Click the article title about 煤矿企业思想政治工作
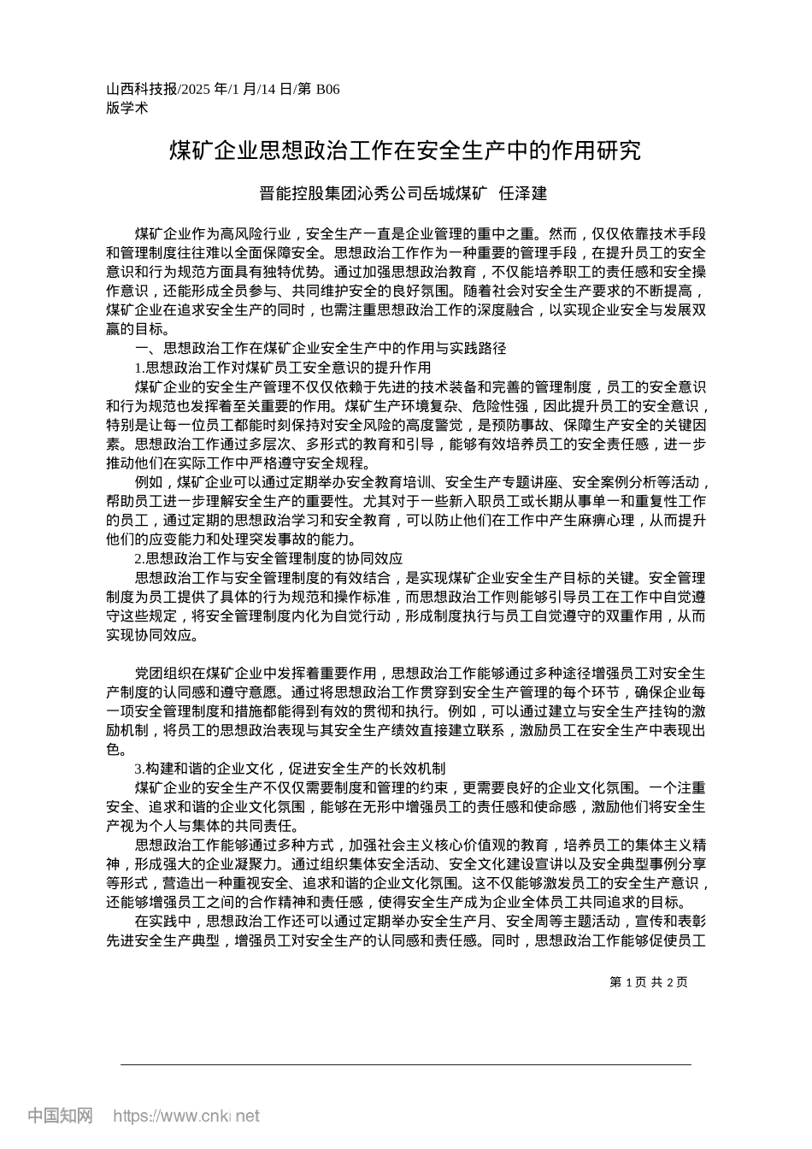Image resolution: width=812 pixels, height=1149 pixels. tap(405, 151)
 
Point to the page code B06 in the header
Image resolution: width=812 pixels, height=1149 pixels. tap(327, 89)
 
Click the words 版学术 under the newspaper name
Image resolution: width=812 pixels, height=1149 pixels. tap(127, 108)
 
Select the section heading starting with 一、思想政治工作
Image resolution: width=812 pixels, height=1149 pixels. tap(321, 348)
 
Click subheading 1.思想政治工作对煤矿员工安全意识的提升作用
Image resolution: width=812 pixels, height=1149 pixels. tap(283, 368)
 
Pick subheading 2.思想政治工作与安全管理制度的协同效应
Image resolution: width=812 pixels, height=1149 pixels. tap(268, 558)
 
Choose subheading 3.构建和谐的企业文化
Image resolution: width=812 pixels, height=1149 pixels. tap(290, 768)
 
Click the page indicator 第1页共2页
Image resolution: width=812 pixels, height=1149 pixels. tap(649, 982)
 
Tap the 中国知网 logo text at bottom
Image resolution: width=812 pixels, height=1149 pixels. tap(61, 1116)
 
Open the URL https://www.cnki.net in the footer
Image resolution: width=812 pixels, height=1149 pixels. tap(186, 1116)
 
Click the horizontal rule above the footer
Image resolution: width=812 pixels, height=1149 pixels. tap(405, 1064)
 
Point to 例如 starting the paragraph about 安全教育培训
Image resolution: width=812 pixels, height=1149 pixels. tap(149, 482)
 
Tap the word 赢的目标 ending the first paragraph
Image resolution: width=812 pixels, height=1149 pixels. tap(135, 329)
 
